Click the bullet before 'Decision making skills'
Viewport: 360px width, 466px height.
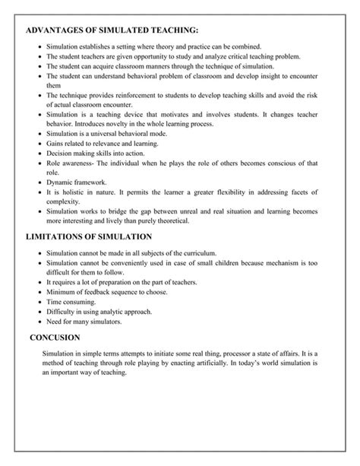coord(39,152)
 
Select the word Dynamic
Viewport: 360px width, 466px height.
coord(58,182)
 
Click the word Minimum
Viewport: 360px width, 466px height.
coord(60,292)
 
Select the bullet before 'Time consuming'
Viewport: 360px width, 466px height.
coord(39,302)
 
